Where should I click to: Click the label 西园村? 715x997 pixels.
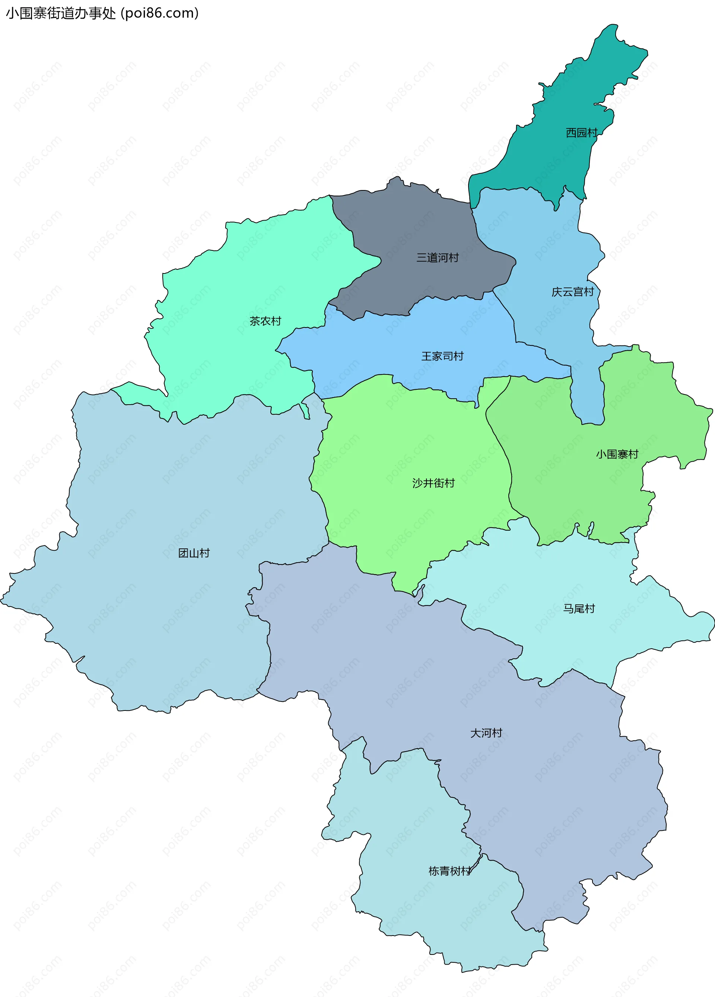[x=581, y=133]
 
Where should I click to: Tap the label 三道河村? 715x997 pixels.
[x=437, y=257]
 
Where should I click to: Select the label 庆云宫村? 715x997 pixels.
[x=573, y=292]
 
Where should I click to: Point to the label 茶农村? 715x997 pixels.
[x=265, y=322]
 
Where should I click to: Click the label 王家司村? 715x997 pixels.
[x=442, y=356]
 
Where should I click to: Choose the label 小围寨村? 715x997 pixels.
[x=617, y=454]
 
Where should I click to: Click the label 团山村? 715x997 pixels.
[x=194, y=553]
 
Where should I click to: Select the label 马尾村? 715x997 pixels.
[x=579, y=608]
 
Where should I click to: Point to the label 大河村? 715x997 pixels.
[x=486, y=733]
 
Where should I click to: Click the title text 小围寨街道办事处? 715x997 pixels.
[x=61, y=13]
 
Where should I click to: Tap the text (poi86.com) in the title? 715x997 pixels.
[x=160, y=13]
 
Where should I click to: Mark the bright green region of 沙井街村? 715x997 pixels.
[x=395, y=440]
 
